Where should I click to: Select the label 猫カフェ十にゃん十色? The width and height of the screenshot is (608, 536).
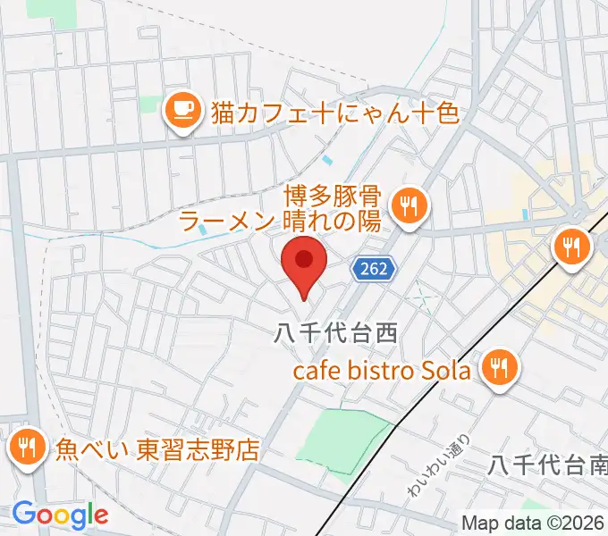click(x=335, y=113)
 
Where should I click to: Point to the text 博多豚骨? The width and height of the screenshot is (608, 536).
click(x=334, y=196)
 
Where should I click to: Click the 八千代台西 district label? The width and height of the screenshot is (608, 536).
click(x=334, y=334)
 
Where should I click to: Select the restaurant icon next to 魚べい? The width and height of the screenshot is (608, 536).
click(x=29, y=447)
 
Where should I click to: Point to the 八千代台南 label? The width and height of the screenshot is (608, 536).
click(x=548, y=465)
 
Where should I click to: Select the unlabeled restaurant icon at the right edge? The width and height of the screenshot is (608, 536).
click(x=571, y=245)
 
